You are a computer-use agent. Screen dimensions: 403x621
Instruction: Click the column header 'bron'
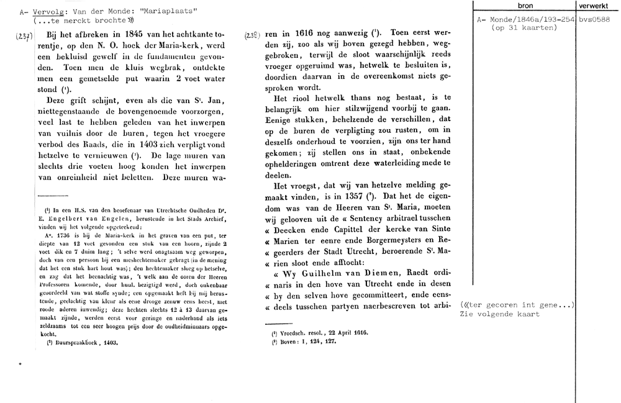pos(525,6)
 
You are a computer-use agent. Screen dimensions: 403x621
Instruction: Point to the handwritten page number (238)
pos(253,37)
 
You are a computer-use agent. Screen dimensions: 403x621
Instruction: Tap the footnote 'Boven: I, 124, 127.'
pos(300,342)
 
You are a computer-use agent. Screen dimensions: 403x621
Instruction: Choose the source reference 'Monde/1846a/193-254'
pos(531,20)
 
